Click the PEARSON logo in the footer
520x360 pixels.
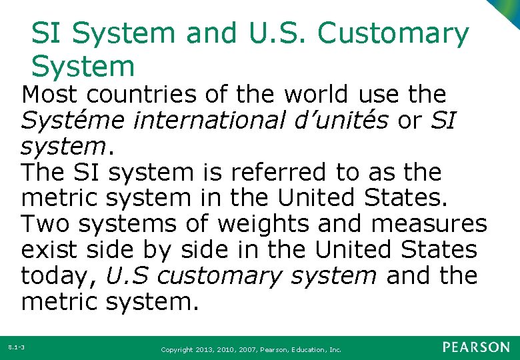tap(475, 347)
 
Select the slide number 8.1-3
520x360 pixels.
tap(16, 347)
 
